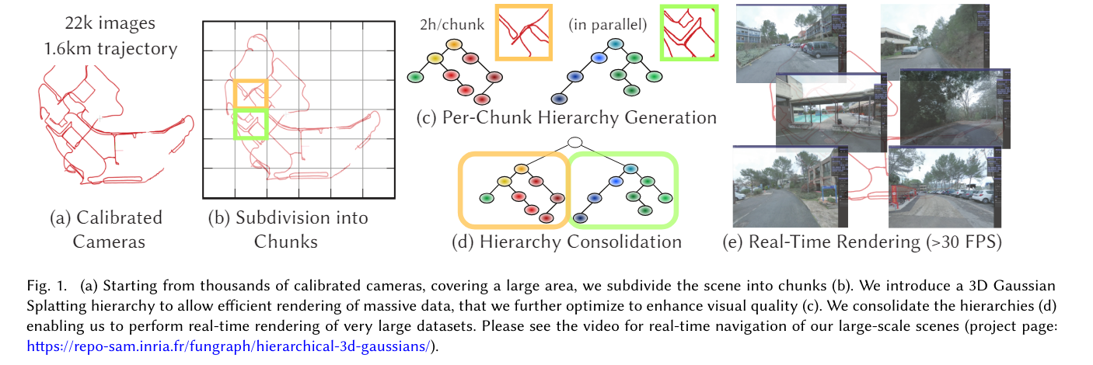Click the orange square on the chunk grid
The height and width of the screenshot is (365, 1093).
[x=250, y=93]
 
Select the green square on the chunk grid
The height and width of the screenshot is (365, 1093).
[x=250, y=123]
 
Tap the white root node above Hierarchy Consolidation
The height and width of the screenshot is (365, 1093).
[x=574, y=142]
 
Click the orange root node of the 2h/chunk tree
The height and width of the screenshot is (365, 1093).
[x=455, y=43]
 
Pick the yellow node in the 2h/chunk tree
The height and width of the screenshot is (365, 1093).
[x=435, y=59]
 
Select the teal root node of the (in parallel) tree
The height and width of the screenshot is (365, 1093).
[x=615, y=43]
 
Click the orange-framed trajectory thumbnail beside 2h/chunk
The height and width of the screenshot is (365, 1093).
[x=523, y=31]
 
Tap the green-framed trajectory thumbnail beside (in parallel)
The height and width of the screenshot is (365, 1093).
[x=687, y=32]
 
